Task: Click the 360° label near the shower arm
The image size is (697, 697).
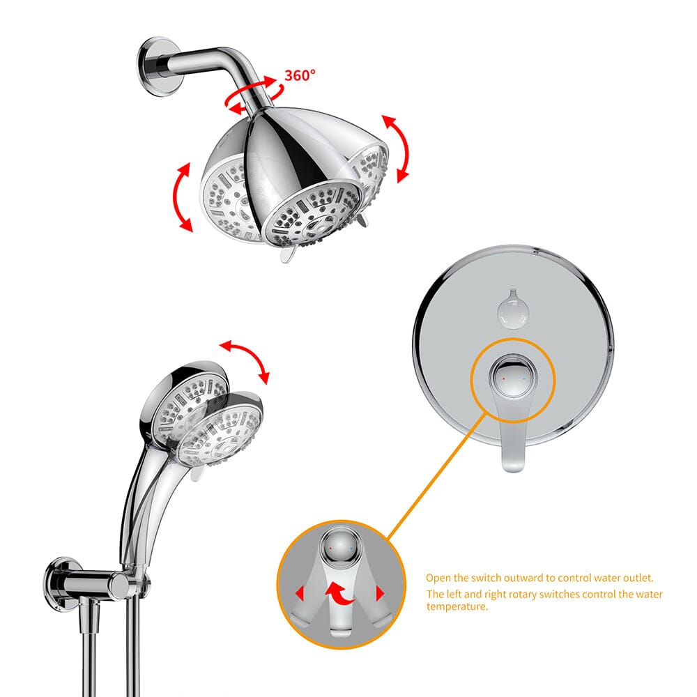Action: point(300,75)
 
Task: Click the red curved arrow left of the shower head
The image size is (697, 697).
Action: point(183,197)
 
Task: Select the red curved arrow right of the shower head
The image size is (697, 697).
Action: point(394,148)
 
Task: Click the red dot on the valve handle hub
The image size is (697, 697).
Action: point(503,376)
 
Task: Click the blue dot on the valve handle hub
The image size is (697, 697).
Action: point(523,376)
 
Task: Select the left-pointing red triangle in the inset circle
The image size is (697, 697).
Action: point(300,594)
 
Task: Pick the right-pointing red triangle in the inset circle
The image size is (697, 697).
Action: point(381,594)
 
